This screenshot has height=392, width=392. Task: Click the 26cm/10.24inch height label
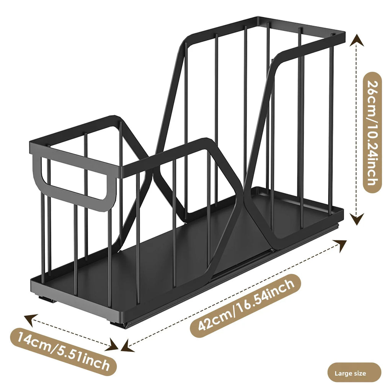pos(372,132)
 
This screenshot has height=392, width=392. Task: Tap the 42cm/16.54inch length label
pos(246,305)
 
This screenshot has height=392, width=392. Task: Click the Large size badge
pos(354,374)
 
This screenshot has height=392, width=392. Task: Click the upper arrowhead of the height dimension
pos(357,40)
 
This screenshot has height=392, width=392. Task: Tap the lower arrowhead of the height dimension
pos(357,219)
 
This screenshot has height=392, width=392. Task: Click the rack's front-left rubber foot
pos(46,299)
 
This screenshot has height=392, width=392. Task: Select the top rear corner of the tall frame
pos(258,18)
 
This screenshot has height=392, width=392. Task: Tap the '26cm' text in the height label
pos(372,93)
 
